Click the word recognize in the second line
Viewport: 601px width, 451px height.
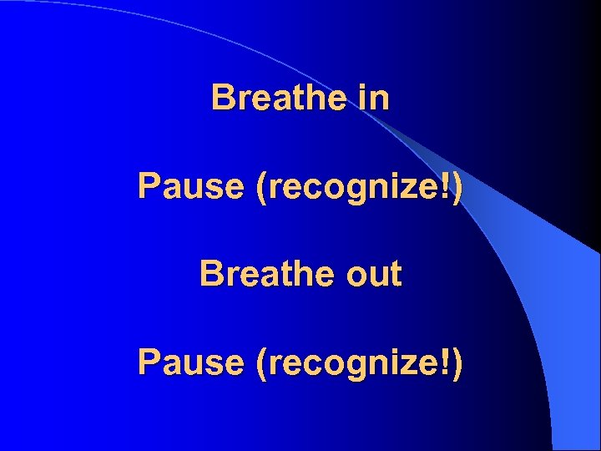coord(354,187)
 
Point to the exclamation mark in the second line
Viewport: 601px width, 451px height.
coord(447,185)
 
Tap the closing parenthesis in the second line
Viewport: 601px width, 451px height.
coord(457,187)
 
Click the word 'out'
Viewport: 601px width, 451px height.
coord(372,274)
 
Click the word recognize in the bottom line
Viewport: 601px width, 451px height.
coord(354,363)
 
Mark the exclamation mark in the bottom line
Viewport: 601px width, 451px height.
coord(447,361)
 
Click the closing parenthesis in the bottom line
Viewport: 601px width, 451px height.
coord(457,363)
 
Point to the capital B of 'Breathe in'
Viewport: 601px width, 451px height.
coord(222,98)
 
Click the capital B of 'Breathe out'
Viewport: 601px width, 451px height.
coord(210,273)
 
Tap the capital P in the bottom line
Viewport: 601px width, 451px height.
coord(149,362)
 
